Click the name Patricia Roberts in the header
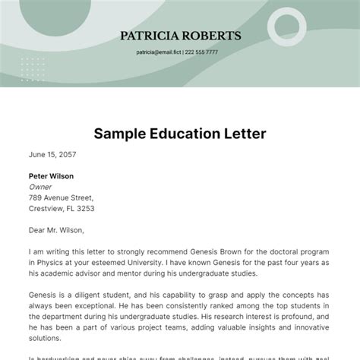click(180, 36)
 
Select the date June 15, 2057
click(52, 154)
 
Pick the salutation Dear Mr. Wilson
click(57, 229)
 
